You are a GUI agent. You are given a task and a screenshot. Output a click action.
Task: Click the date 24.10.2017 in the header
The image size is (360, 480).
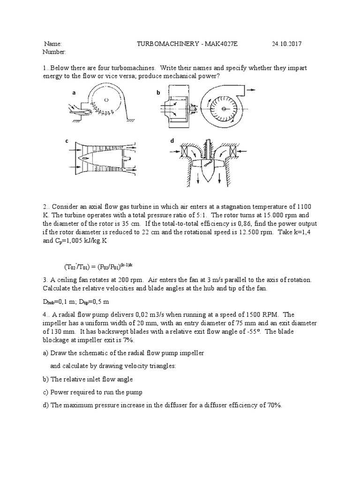click(286, 44)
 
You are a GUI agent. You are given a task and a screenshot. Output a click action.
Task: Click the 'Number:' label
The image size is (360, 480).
click(54, 52)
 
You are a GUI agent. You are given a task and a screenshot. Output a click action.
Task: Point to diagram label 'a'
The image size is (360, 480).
click(74, 93)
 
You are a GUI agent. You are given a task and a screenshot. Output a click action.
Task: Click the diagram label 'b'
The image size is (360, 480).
click(158, 93)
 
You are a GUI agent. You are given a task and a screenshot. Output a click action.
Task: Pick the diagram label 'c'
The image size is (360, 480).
click(67, 141)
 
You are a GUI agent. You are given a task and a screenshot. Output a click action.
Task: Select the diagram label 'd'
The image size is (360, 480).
click(172, 141)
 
